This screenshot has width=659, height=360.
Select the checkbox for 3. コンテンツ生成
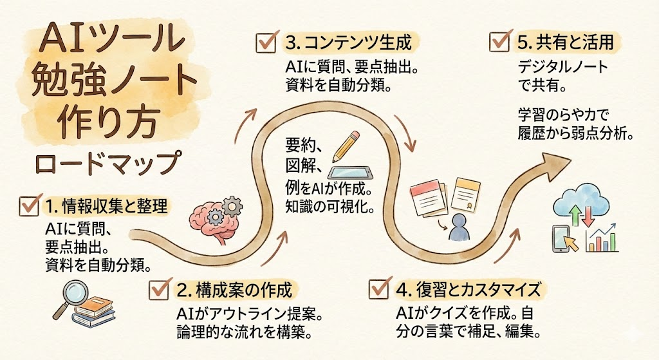(x=265, y=44)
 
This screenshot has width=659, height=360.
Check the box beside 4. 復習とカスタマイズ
(x=379, y=288)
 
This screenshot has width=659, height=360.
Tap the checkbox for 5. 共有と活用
(x=499, y=42)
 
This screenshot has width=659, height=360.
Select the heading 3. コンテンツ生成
(x=347, y=44)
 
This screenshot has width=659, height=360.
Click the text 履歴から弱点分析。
(x=577, y=135)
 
